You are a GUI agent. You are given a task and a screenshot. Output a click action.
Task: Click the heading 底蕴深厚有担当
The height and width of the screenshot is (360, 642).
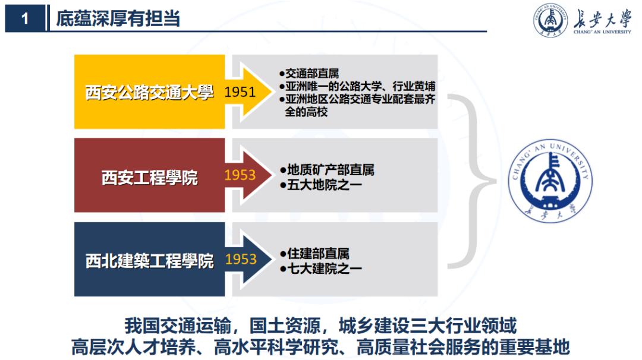(118, 19)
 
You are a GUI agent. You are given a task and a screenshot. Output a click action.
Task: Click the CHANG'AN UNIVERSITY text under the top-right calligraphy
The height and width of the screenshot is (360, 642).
(601, 33)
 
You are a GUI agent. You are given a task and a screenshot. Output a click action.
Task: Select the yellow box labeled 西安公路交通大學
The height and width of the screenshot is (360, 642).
(149, 92)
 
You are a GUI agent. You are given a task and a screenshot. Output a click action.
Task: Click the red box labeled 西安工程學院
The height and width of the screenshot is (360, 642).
(149, 176)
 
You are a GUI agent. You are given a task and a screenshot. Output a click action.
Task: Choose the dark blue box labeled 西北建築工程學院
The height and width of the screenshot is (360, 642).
(149, 260)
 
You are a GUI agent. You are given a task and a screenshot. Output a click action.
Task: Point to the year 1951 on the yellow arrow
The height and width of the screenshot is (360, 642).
(240, 92)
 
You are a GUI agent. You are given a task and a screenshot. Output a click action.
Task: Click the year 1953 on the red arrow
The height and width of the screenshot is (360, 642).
(240, 175)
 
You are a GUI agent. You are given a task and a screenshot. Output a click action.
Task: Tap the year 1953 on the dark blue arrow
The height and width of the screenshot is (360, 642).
(240, 260)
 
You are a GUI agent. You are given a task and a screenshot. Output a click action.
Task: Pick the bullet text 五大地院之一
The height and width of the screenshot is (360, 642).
(324, 185)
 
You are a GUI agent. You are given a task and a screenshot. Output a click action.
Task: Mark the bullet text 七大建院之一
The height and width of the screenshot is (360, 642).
(324, 269)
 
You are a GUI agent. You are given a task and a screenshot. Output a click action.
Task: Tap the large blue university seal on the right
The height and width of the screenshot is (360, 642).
(550, 182)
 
